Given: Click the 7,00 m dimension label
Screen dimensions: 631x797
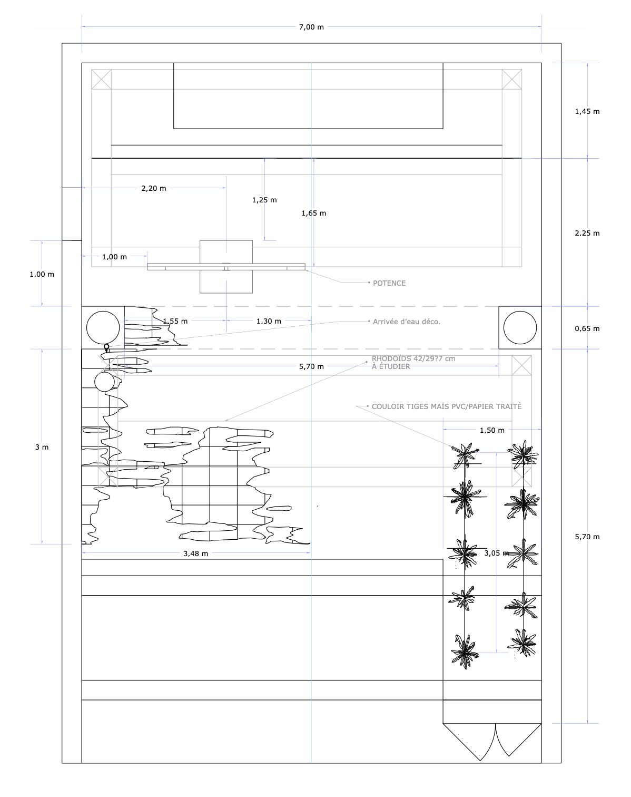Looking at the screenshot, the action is coord(311,27).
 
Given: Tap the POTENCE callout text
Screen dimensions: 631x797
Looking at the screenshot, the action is coord(389,283).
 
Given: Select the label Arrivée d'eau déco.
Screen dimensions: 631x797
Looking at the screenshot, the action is coord(406,322).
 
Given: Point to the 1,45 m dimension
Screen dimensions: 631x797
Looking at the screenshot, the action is coord(587,111).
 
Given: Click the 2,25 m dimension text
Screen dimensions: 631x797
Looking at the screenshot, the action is coord(587,234).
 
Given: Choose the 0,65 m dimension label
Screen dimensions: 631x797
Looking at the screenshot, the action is coord(587,328).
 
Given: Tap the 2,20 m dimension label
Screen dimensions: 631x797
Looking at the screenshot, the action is coord(154,189).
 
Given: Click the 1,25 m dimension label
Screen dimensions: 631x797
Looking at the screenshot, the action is coord(264,200).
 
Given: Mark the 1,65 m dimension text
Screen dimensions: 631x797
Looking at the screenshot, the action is coord(313,213).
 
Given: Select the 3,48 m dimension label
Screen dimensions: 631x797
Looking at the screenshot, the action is coord(196,553).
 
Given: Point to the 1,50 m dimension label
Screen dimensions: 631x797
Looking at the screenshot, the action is coord(492,430).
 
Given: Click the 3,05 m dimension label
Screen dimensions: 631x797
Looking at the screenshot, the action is coord(496,553).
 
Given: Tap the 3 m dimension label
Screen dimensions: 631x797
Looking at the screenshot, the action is coord(42,448).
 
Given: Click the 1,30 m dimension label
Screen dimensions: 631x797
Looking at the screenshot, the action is coord(269,322).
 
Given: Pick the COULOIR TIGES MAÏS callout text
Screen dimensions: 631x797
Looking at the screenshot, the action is coord(446,406).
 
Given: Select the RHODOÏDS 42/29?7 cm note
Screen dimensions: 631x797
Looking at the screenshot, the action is coord(413,363).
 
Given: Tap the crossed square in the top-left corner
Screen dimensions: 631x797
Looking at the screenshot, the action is coord(102,79).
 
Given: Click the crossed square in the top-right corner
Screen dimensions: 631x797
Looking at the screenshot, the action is coord(512,79).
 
